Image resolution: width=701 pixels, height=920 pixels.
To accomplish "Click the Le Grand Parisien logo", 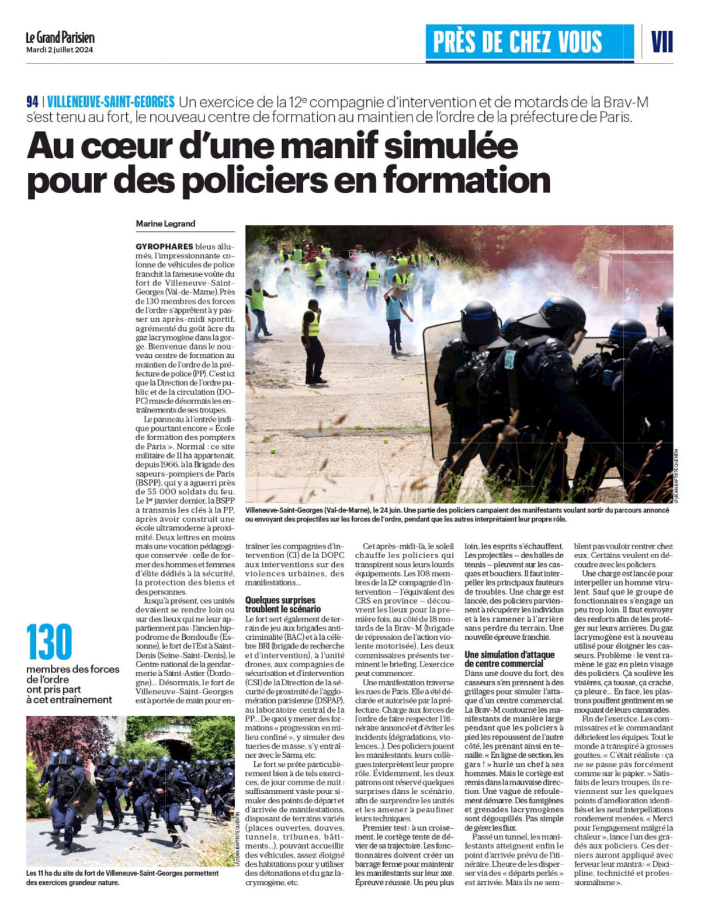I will [x=60, y=38].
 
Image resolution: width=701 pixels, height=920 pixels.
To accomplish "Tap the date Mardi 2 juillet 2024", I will [x=60, y=50].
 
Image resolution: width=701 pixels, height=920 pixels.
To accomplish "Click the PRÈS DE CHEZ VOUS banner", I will [x=518, y=42].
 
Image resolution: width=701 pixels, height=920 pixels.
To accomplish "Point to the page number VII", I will [x=661, y=42].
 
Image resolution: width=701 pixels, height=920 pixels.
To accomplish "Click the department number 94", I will [x=33, y=102].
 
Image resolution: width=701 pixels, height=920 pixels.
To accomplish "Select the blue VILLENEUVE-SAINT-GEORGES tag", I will [x=111, y=102].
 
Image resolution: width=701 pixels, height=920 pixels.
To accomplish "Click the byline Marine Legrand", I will [x=165, y=224].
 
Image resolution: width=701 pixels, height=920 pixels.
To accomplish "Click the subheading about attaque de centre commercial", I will [x=509, y=659].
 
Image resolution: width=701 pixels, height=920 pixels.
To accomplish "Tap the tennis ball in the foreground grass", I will [x=272, y=450].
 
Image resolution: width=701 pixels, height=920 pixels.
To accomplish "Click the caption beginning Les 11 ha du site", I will [x=122, y=877].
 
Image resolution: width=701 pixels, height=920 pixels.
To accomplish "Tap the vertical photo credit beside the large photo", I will [x=676, y=476].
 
